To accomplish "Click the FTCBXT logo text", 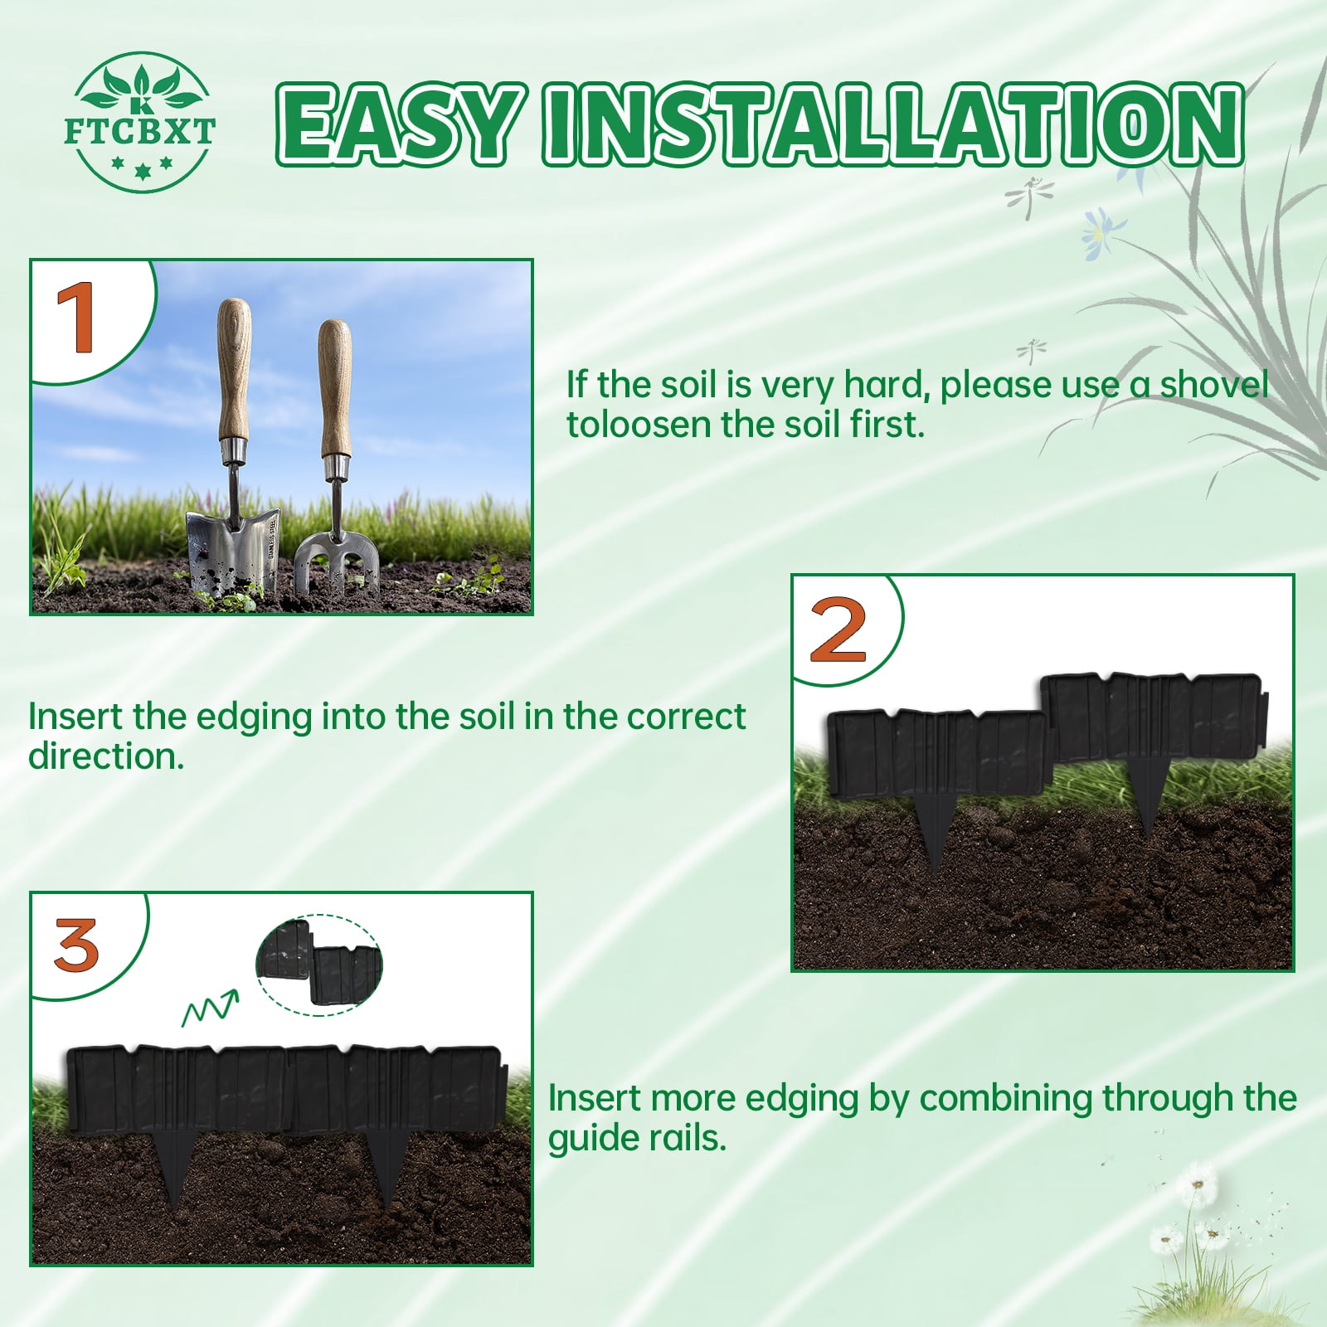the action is click(139, 132).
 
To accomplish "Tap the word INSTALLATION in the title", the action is click(894, 124).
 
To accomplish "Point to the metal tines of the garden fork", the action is click(337, 560).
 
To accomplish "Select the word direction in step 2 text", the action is click(106, 756).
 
